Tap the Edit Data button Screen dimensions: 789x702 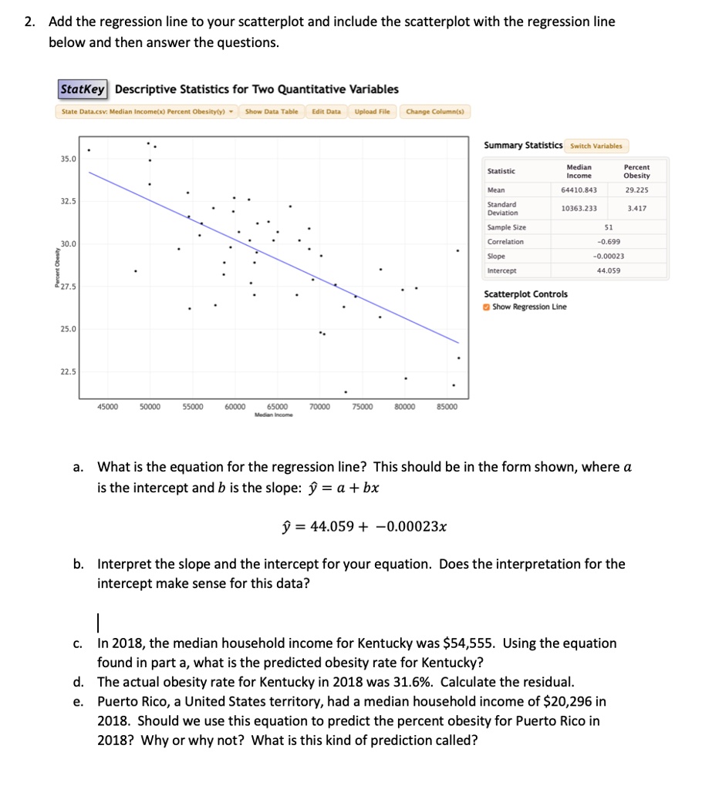[x=326, y=112]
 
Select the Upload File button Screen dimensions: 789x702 [x=373, y=112]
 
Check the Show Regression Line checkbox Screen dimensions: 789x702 [x=487, y=307]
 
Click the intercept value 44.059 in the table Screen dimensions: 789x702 [x=609, y=270]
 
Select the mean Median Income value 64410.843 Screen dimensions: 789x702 [x=579, y=189]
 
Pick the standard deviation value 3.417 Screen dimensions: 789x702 [x=637, y=208]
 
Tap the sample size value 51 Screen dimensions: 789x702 [x=609, y=227]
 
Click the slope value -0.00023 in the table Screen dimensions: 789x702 [x=609, y=257]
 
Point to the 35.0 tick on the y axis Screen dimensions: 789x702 [x=69, y=159]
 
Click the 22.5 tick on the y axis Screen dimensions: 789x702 [x=69, y=371]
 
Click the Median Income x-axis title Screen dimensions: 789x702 [x=277, y=413]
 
